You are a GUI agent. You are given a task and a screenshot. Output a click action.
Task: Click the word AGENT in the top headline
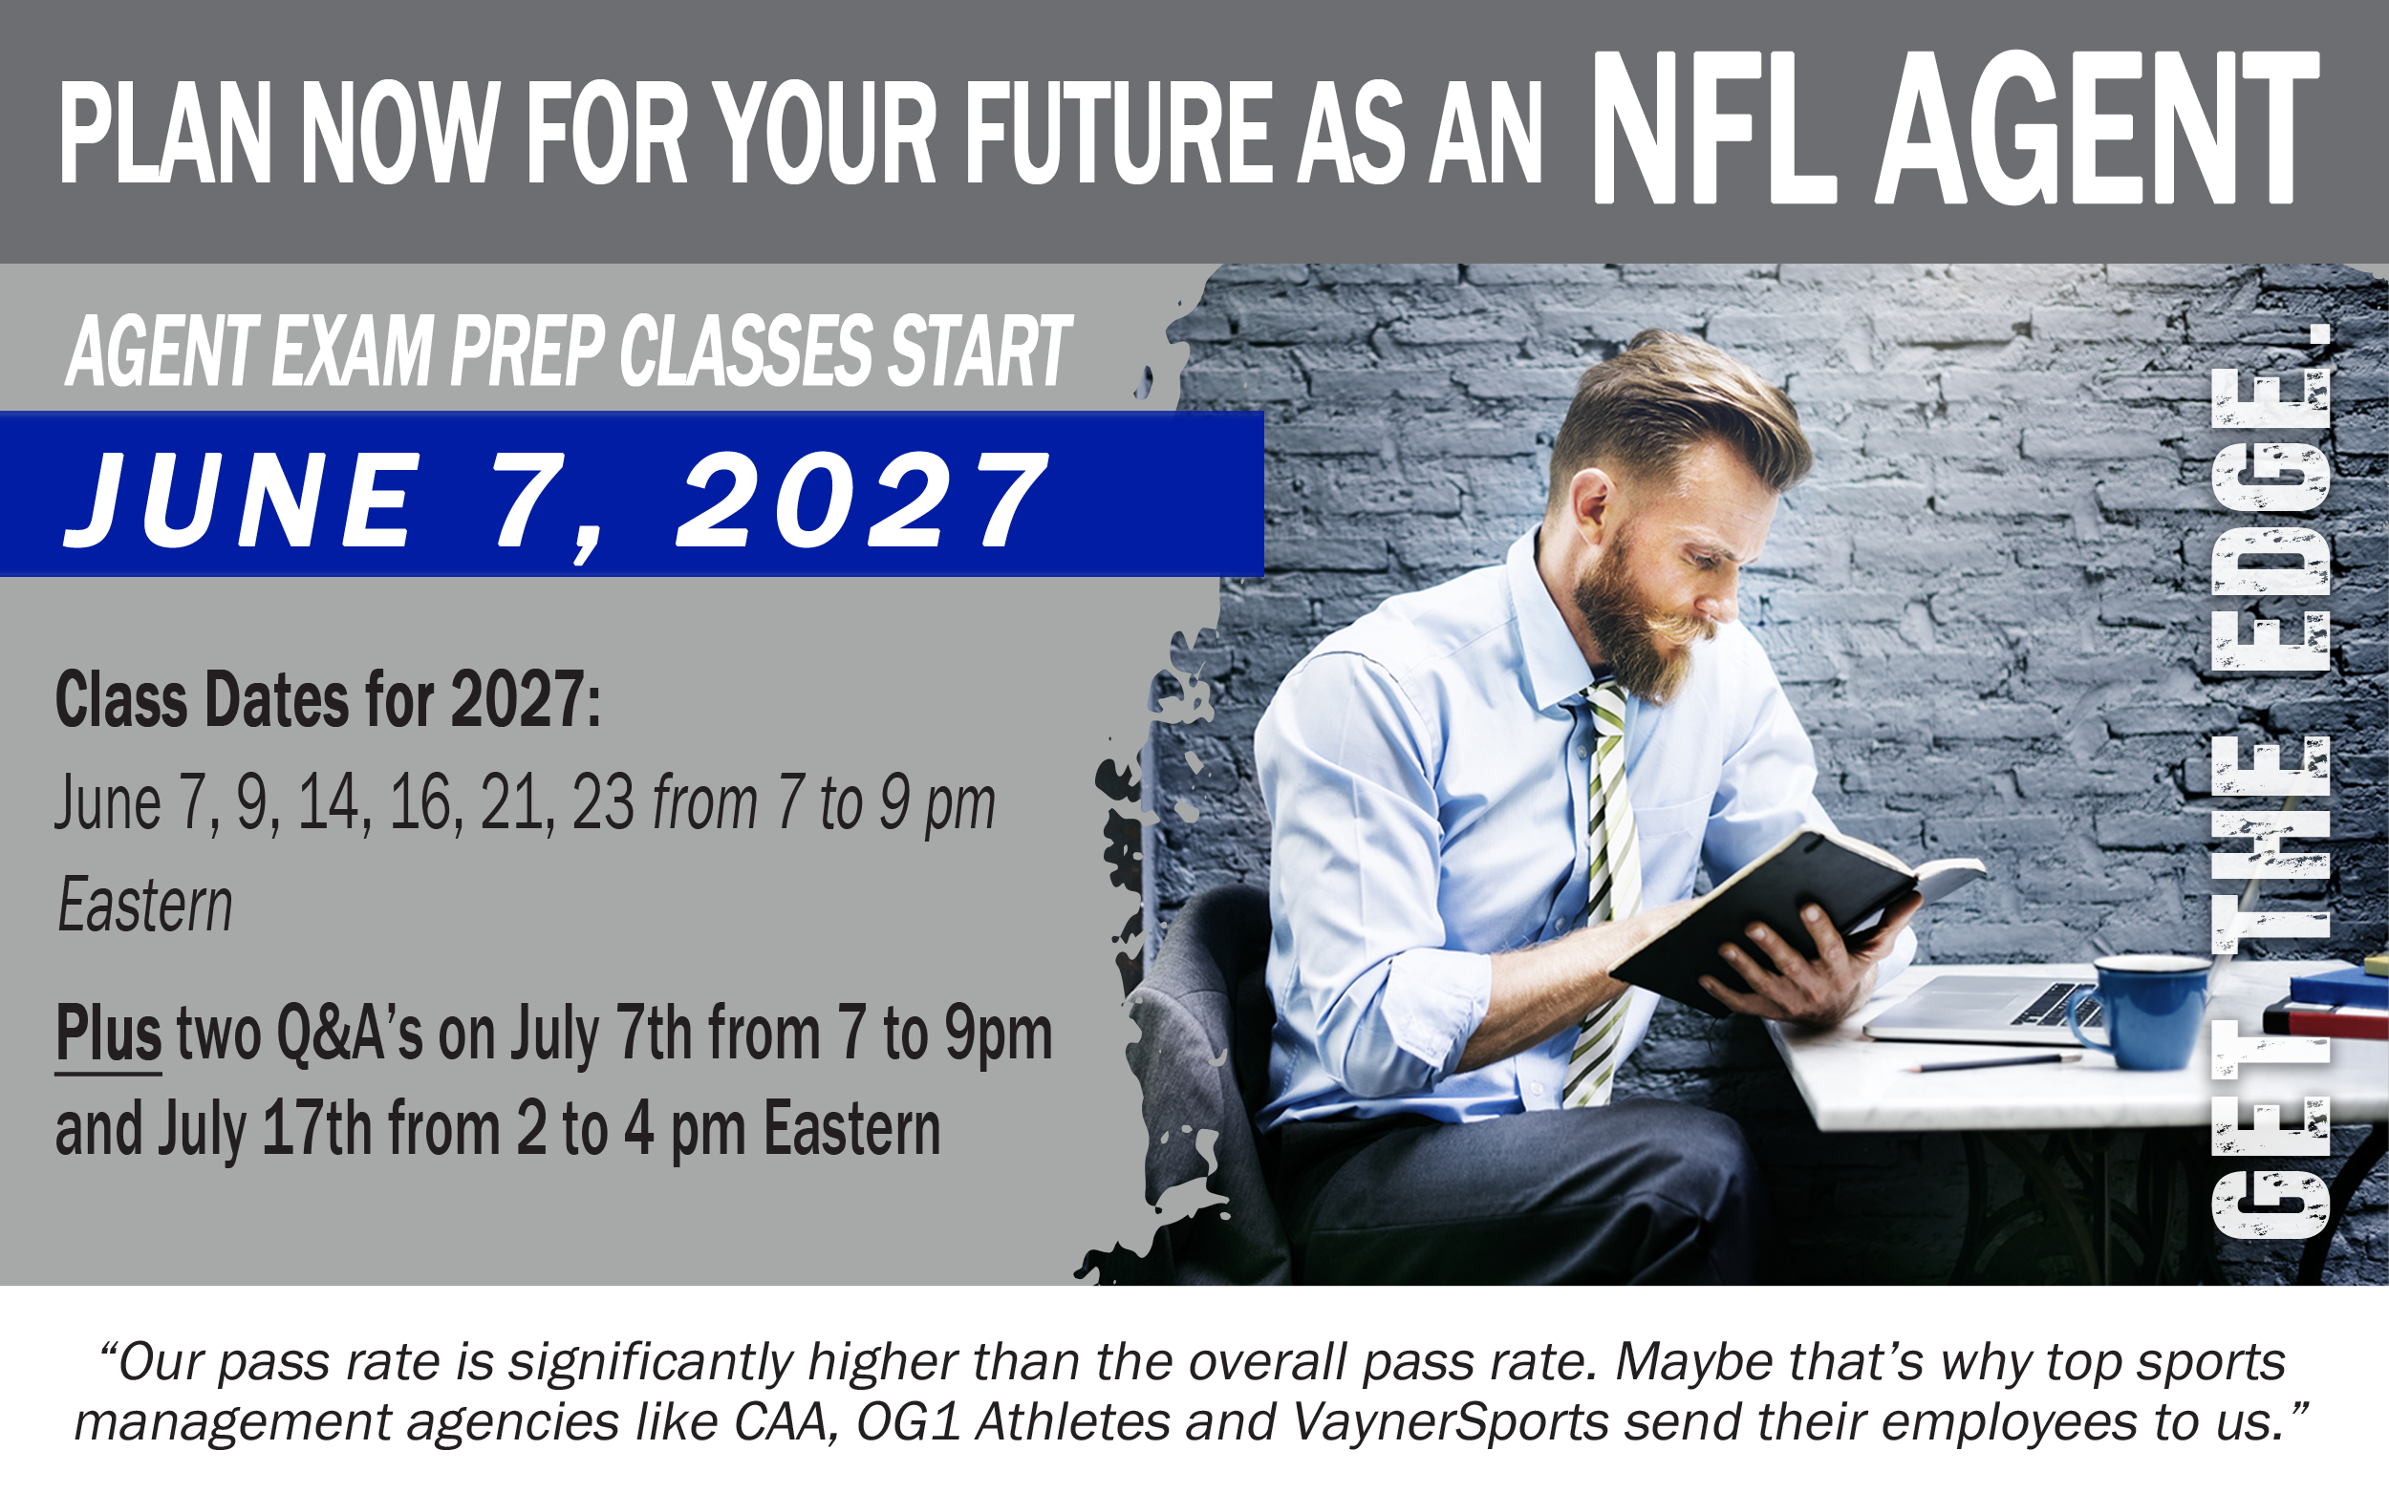2097,128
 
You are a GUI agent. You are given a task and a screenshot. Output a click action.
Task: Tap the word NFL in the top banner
1713,128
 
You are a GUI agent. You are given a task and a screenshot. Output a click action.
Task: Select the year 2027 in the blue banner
861,501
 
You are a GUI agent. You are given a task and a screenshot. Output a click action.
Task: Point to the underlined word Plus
109,1034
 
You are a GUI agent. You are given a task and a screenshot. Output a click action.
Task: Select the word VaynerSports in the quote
1451,1422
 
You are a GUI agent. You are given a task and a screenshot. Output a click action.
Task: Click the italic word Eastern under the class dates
145,906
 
